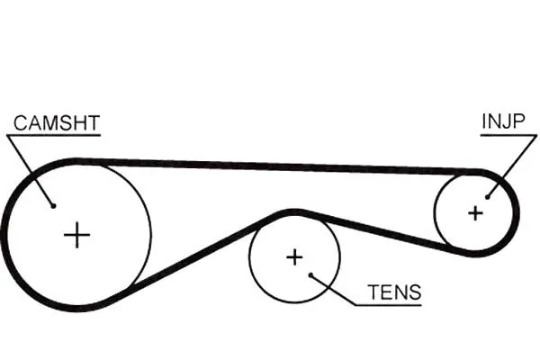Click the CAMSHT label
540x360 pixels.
coord(57,123)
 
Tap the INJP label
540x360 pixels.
coord(503,121)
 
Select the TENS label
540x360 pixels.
coord(394,292)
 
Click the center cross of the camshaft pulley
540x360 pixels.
coord(76,235)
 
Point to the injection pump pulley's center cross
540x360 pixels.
coord(475,213)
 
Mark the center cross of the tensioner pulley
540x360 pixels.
coord(294,257)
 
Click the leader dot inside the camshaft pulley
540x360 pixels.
coord(53,206)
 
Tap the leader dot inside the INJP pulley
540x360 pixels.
coord(487,197)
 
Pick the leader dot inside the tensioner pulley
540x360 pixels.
coord(310,274)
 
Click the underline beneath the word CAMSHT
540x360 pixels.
coord(53,135)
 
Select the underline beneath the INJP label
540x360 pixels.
coord(508,135)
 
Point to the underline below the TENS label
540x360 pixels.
coord(388,305)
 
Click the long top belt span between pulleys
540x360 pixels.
coord(275,166)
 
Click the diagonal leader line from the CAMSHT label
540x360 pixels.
coord(30,171)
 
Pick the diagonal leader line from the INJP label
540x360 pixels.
coord(512,166)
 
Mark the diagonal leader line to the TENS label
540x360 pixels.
coord(333,290)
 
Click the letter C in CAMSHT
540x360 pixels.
coord(21,123)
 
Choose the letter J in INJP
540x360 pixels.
coord(506,121)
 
